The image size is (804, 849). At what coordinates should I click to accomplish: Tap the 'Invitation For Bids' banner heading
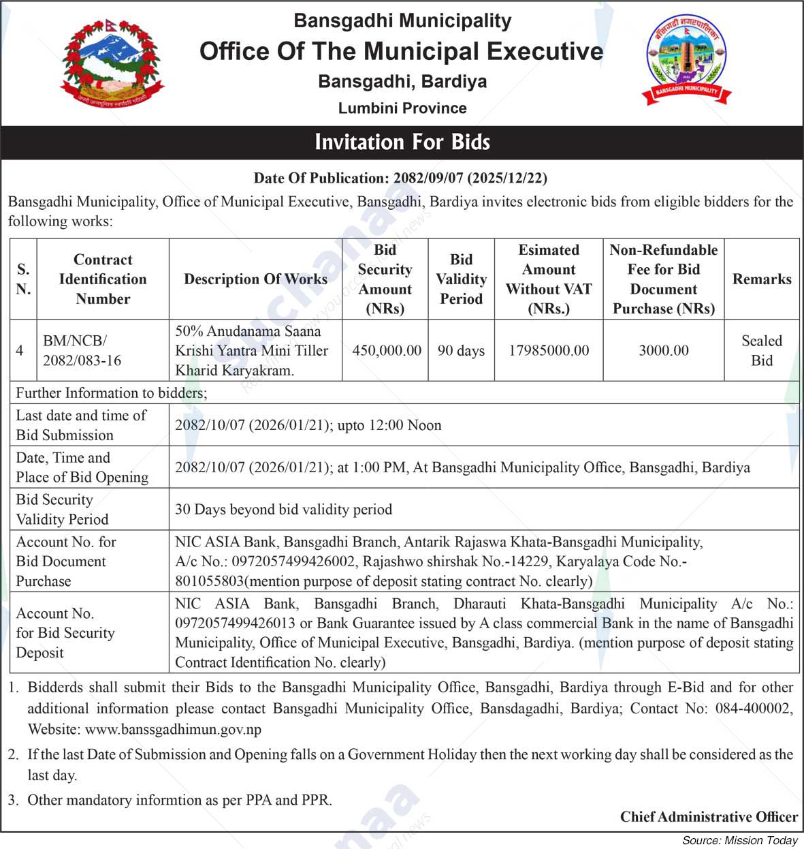[x=402, y=142]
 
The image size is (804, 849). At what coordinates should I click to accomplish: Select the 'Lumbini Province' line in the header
[x=402, y=108]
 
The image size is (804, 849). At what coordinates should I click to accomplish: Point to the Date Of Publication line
[x=400, y=179]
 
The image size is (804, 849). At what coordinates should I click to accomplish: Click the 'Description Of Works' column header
[x=255, y=279]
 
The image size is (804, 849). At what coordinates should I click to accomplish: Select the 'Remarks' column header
[x=761, y=279]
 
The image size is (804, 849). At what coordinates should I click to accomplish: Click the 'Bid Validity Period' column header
[x=461, y=279]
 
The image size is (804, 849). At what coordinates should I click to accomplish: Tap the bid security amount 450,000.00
[x=386, y=351]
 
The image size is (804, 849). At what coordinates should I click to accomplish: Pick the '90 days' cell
[x=461, y=351]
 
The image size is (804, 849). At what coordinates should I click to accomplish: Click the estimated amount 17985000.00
[x=549, y=351]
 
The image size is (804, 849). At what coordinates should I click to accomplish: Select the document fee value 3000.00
[x=663, y=351]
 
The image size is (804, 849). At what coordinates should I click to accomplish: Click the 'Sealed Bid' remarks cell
[x=761, y=351]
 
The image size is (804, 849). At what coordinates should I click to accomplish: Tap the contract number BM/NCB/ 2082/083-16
[x=82, y=351]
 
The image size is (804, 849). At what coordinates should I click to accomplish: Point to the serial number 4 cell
[x=20, y=351]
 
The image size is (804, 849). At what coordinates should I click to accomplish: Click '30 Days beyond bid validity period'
[x=283, y=510]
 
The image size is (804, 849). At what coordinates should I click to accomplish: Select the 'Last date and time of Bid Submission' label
[x=81, y=425]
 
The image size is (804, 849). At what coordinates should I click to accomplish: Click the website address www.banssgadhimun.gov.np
[x=173, y=730]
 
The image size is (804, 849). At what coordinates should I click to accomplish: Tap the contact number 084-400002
[x=754, y=709]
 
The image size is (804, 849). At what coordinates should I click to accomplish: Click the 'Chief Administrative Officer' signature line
[x=708, y=817]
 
